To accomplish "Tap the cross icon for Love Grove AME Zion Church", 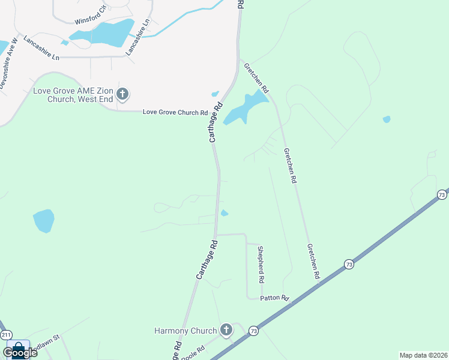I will point(122,94).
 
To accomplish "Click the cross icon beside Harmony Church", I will point(226,329).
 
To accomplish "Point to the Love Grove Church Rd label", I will point(175,112).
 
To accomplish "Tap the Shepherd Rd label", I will point(261,265).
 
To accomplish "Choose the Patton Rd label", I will point(275,298).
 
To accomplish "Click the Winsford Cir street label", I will point(90,16).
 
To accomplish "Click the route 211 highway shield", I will point(6,334).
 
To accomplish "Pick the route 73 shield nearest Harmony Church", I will point(254,331).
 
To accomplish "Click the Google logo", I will point(20,352).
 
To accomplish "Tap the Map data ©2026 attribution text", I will point(423,355).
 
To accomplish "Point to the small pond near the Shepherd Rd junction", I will point(224,213).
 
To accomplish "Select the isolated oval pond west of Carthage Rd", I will point(44,220).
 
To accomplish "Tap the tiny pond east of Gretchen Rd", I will point(387,119).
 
